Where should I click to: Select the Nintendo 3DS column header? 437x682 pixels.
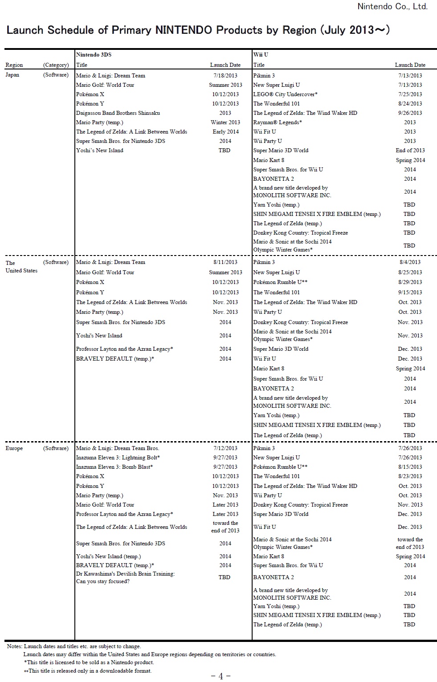[94, 55]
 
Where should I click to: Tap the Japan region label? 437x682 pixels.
[12, 75]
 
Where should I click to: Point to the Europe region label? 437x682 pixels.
[14, 448]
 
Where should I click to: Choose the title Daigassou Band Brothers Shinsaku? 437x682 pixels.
[118, 113]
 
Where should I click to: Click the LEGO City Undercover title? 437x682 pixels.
[285, 94]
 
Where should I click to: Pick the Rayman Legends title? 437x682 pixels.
[278, 122]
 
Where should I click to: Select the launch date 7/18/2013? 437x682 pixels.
[225, 76]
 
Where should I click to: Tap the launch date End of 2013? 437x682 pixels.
[410, 150]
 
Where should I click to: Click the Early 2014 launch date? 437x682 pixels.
[225, 132]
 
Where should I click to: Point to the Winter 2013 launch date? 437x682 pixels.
[225, 122]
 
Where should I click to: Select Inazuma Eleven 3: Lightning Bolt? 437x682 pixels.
[118, 458]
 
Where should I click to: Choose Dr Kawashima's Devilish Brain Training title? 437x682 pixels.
[125, 577]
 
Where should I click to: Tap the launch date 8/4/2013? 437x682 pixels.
[410, 262]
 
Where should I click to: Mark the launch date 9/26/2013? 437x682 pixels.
[410, 113]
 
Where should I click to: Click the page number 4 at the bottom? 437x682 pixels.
[221, 676]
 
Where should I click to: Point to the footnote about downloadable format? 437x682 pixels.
[88, 671]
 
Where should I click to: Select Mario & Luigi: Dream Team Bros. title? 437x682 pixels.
[117, 448]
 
